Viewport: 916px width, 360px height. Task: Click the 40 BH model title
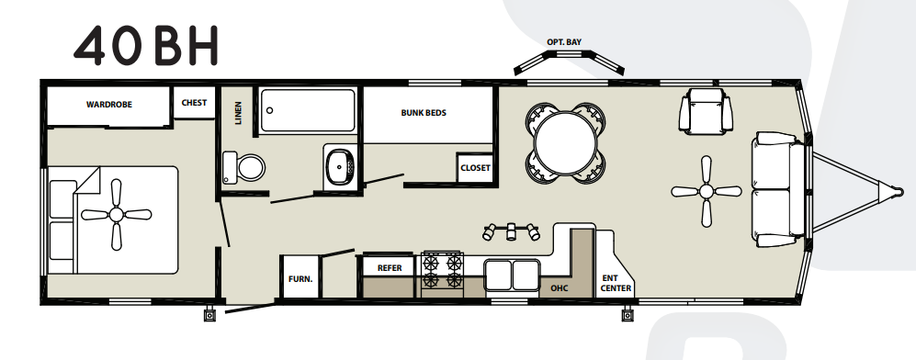(x=145, y=46)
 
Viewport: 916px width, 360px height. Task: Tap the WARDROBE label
(x=109, y=105)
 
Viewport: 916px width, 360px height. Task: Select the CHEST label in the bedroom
(x=194, y=103)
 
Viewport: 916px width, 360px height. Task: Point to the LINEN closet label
(x=238, y=113)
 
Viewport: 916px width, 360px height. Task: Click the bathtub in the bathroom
(x=308, y=110)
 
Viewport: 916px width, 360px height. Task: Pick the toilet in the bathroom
(x=243, y=167)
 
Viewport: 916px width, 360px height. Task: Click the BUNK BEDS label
(x=424, y=113)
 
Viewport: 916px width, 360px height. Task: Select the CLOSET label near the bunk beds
(x=476, y=168)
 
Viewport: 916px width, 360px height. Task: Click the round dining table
(x=566, y=143)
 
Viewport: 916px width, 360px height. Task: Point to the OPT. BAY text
(x=564, y=42)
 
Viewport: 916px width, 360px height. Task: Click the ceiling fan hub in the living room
(x=707, y=191)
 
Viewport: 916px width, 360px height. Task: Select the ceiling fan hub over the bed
(x=117, y=215)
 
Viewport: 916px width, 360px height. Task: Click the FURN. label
(x=300, y=279)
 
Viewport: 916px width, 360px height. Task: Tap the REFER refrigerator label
(x=390, y=268)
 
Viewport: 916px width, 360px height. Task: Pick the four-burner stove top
(x=442, y=270)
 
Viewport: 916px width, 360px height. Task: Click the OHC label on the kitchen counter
(x=560, y=288)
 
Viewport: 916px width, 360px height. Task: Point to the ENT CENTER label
(x=616, y=284)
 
